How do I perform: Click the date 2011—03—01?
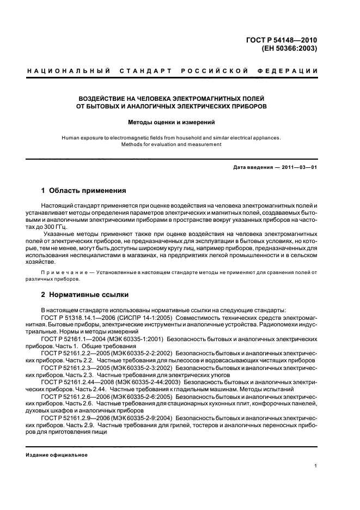click(x=296, y=167)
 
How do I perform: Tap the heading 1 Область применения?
click(x=84, y=191)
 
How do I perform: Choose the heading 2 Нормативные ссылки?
click(x=85, y=295)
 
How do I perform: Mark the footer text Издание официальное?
click(x=57, y=455)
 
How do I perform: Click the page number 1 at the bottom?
click(x=315, y=465)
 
